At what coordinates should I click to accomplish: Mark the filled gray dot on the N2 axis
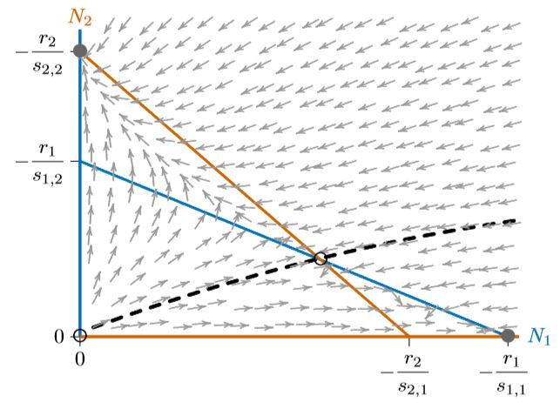pyautogui.click(x=79, y=50)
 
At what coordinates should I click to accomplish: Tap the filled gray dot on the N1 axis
pyautogui.click(x=507, y=335)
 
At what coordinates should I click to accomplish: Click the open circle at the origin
pyautogui.click(x=79, y=335)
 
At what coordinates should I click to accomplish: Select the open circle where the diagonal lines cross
pyautogui.click(x=320, y=259)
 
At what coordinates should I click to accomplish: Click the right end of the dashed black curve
pyautogui.click(x=516, y=220)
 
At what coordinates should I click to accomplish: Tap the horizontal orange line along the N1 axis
pyautogui.click(x=261, y=335)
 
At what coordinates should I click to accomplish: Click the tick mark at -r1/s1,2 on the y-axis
pyautogui.click(x=74, y=162)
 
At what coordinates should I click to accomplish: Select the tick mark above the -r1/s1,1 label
pyautogui.click(x=507, y=341)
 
